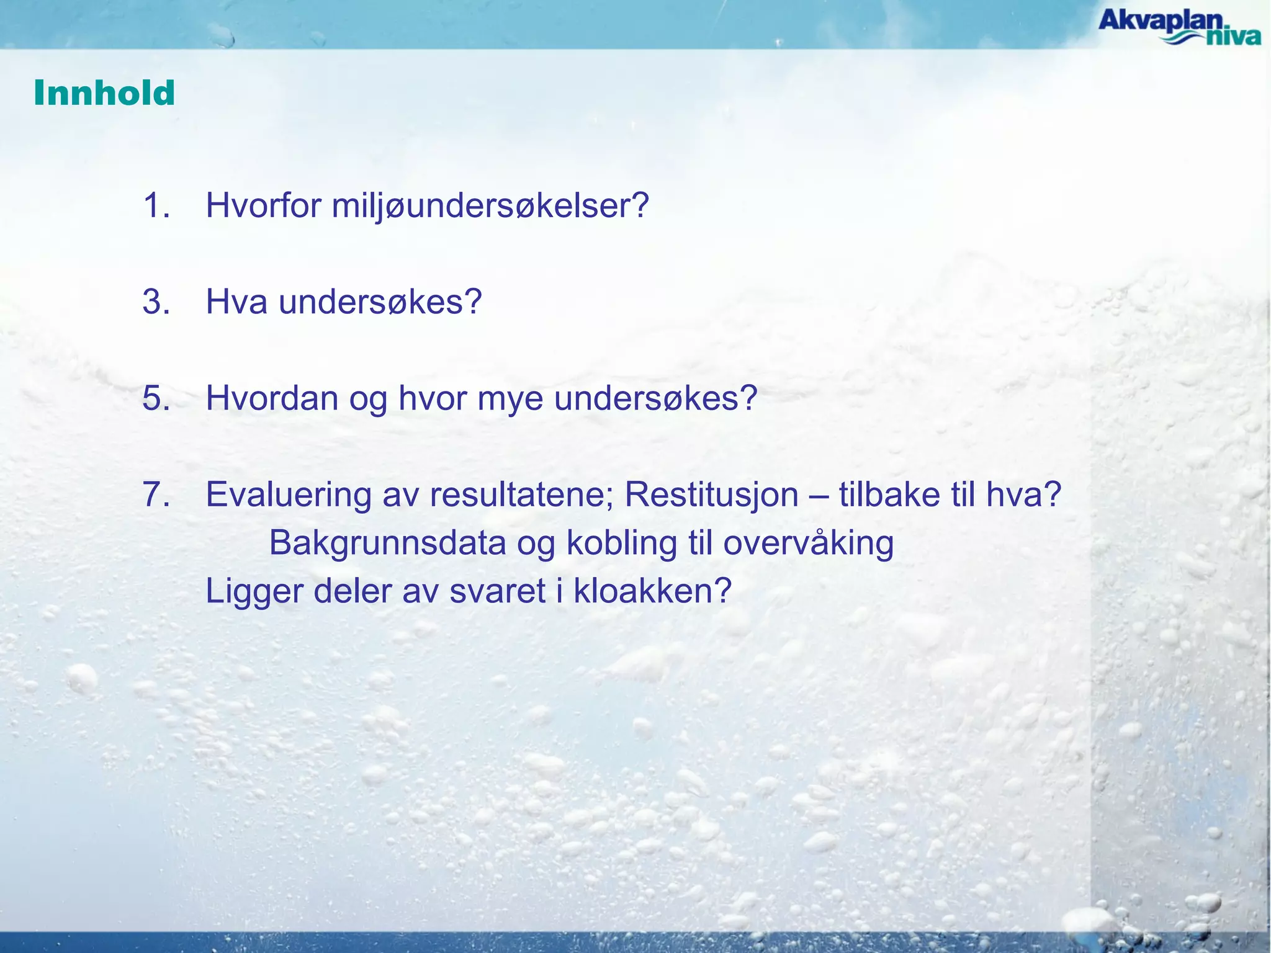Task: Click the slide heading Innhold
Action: tap(104, 93)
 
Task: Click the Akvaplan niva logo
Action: tap(1179, 27)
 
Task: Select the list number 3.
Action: tap(156, 302)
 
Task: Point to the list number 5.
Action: tap(156, 398)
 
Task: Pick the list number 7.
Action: tap(156, 494)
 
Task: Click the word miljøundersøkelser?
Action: tap(490, 206)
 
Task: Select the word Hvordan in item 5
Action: tap(272, 398)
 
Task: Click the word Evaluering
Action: tap(288, 495)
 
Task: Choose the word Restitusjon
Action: tap(711, 495)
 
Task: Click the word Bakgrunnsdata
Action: tap(387, 544)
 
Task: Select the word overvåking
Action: tap(808, 544)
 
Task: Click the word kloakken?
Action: tap(652, 591)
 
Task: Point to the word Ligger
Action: tap(254, 592)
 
